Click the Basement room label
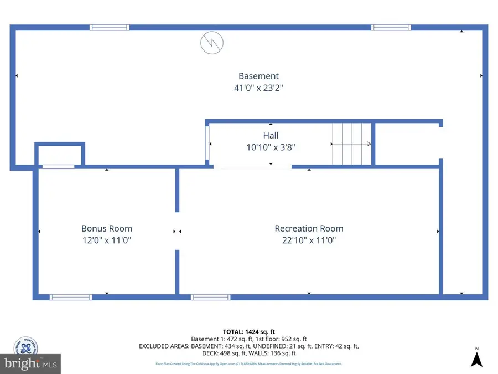coord(258,76)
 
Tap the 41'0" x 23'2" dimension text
coord(258,88)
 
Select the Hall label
coord(271,135)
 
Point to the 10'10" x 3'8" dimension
coord(271,147)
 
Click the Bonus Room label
coord(107,228)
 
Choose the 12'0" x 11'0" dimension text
coord(107,240)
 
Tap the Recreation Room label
coord(309,228)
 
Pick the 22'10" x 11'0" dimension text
coord(309,240)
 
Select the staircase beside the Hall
coord(351,144)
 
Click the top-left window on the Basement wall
coord(110,27)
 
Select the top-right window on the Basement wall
coord(391,27)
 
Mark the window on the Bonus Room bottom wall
coord(71,298)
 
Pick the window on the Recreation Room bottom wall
coord(210,298)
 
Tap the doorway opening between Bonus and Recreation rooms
coord(178,231)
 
